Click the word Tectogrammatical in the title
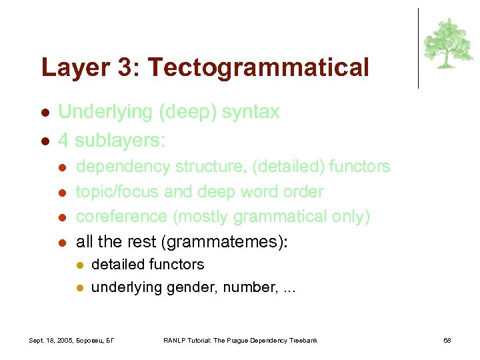(x=258, y=67)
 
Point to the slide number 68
(x=447, y=341)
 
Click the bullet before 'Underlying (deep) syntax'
(x=45, y=113)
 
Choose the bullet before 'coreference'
(x=62, y=217)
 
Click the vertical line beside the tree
(x=419, y=48)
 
